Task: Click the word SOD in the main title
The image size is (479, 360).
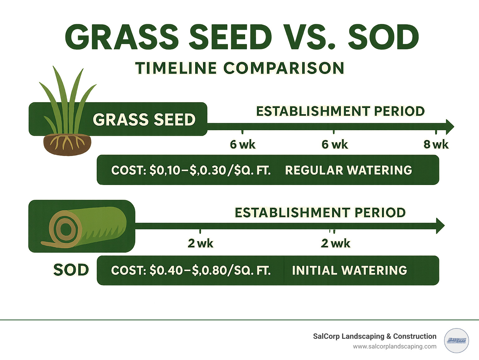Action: pos(383,38)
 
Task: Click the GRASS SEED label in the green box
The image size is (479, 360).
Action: pos(144,119)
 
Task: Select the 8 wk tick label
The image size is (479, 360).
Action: pos(436,144)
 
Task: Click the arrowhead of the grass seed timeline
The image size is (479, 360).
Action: pos(450,127)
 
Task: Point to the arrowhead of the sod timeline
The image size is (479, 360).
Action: pos(440,226)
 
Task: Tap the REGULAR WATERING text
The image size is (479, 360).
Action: pos(348,170)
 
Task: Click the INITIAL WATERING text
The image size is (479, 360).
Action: pos(349,270)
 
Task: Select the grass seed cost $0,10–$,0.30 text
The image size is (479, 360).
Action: pos(191,170)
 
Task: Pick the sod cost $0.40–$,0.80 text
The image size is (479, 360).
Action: pos(191,270)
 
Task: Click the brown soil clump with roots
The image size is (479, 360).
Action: pos(67,144)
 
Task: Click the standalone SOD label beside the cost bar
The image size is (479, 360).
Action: pos(71,270)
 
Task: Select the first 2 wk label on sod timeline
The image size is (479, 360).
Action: pos(200,243)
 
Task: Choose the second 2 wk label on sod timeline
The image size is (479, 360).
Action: pos(336,243)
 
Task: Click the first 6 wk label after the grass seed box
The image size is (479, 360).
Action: pos(242,144)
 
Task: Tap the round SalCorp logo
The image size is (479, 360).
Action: pos(456,341)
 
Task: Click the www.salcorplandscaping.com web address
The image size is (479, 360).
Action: pos(394,346)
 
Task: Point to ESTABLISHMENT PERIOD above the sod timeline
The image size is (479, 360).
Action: pos(320,213)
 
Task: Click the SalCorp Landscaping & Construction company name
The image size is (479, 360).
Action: pos(375,336)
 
